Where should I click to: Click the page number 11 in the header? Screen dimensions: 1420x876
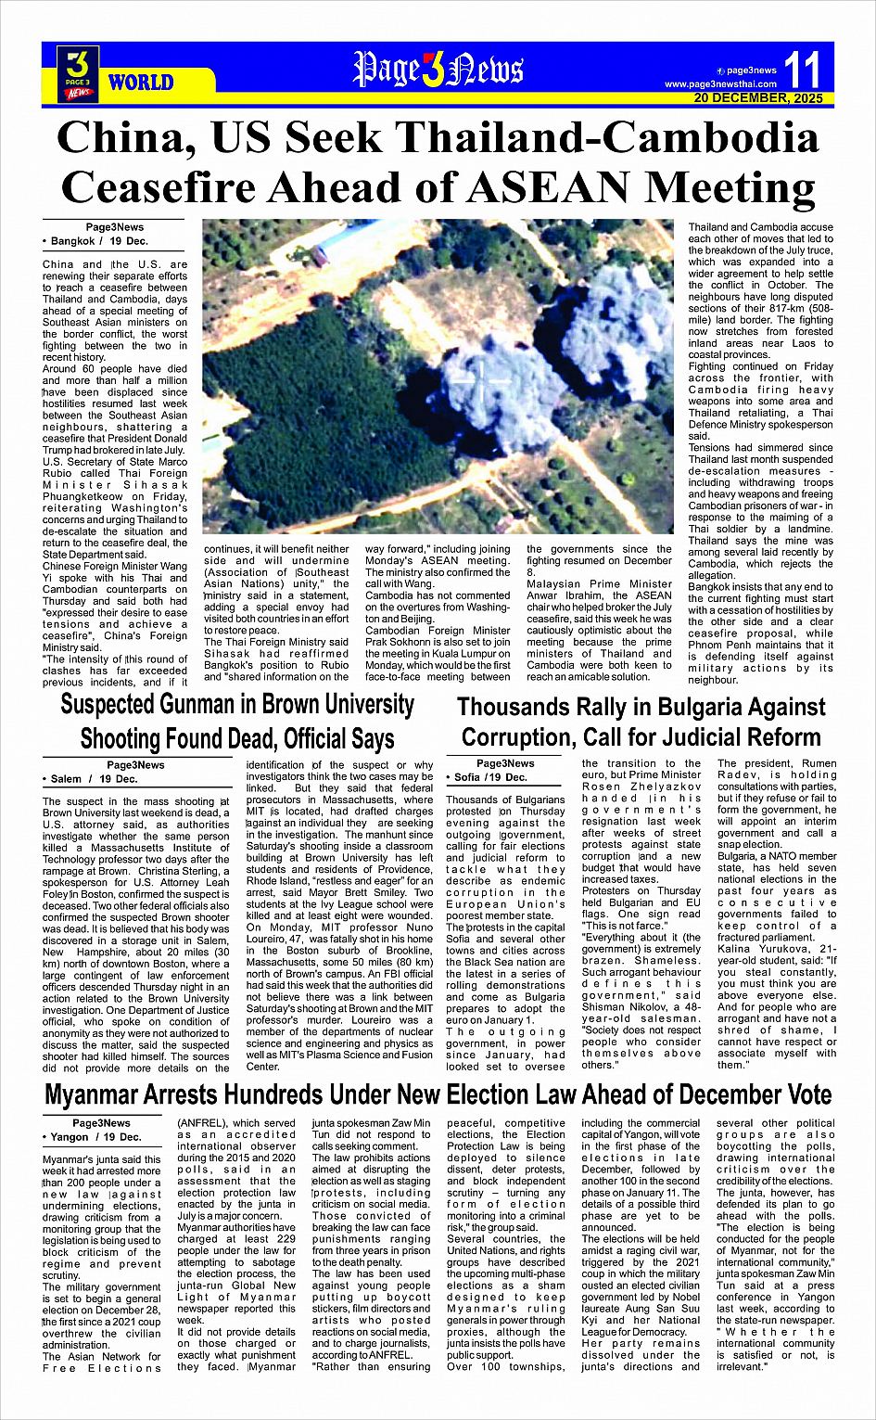802,70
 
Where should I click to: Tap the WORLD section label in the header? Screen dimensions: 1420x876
141,83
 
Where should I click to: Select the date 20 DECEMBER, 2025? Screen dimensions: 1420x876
757,98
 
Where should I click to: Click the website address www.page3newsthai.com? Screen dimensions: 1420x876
720,84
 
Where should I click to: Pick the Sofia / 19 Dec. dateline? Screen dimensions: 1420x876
490,777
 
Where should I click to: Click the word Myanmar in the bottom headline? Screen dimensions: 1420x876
103,1095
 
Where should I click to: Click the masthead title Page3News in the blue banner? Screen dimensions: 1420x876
438,71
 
